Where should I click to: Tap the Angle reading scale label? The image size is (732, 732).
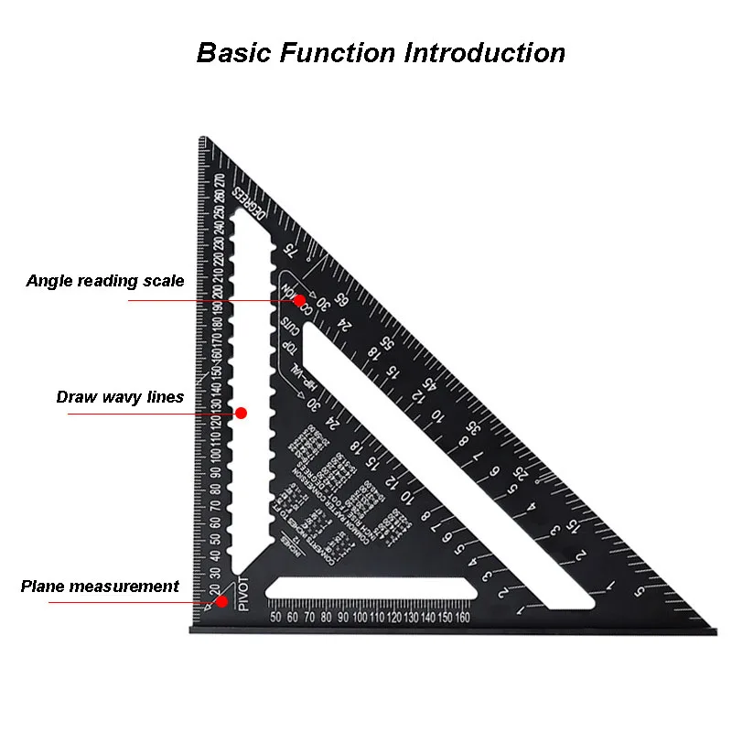(x=104, y=281)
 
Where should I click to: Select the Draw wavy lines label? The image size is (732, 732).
(x=120, y=397)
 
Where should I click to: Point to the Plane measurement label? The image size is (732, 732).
(x=100, y=587)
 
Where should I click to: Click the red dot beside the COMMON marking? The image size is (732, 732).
(x=299, y=299)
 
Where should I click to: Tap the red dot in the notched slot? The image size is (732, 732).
(x=242, y=413)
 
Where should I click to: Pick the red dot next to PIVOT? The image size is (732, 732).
(x=220, y=602)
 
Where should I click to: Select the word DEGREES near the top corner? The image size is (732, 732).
(x=249, y=202)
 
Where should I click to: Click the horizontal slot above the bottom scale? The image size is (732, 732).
(x=371, y=590)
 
